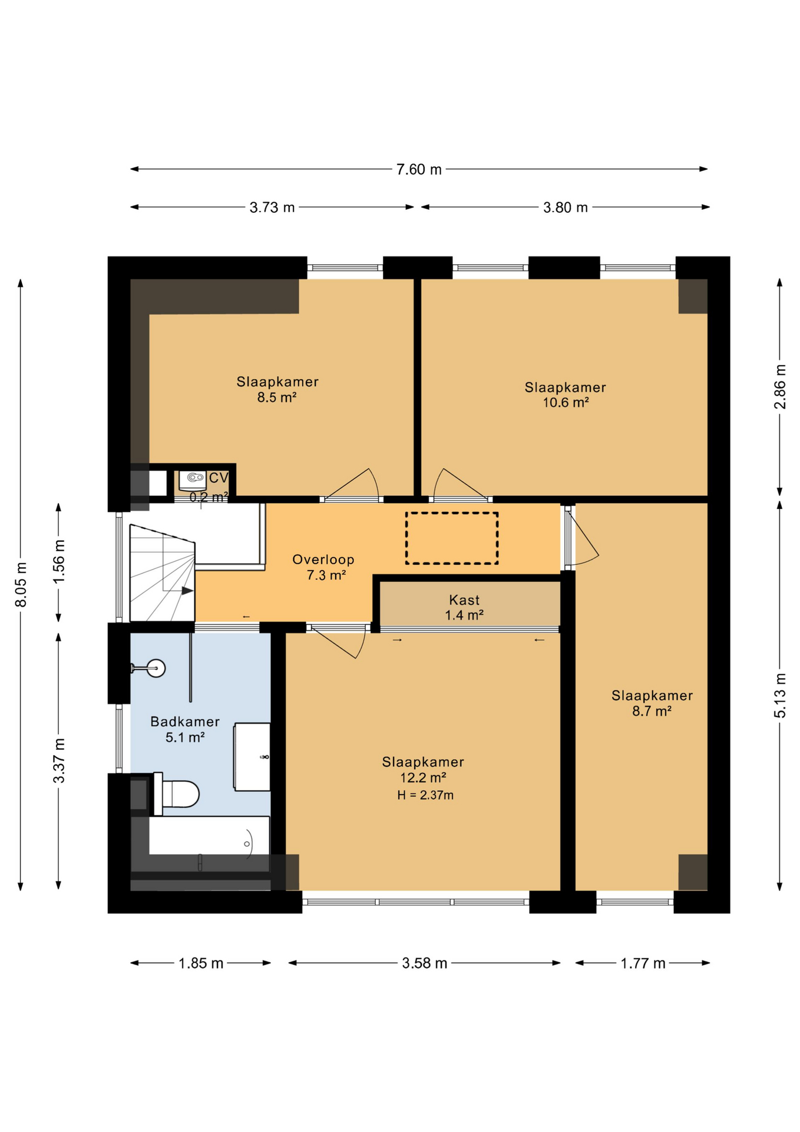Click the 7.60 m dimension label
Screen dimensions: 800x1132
419,169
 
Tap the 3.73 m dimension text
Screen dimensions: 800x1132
272,208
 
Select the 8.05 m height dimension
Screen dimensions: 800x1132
21,584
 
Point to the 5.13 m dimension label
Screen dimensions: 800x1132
779,696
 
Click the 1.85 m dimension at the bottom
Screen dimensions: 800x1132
201,963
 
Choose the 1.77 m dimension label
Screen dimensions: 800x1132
643,963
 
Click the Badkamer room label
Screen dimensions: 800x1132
185,722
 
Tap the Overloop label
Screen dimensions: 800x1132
323,560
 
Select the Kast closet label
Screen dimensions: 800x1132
464,600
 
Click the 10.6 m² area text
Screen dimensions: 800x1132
566,403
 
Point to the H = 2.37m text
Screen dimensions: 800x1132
425,795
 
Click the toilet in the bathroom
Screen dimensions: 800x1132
176,794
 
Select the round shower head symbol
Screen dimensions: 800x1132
156,668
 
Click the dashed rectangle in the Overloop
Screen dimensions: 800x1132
452,538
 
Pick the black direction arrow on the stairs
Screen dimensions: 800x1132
187,591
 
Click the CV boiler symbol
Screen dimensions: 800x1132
192,479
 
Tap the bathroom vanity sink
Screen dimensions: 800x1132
252,757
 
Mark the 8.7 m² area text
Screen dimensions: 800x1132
652,712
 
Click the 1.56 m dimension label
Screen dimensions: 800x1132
59,562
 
